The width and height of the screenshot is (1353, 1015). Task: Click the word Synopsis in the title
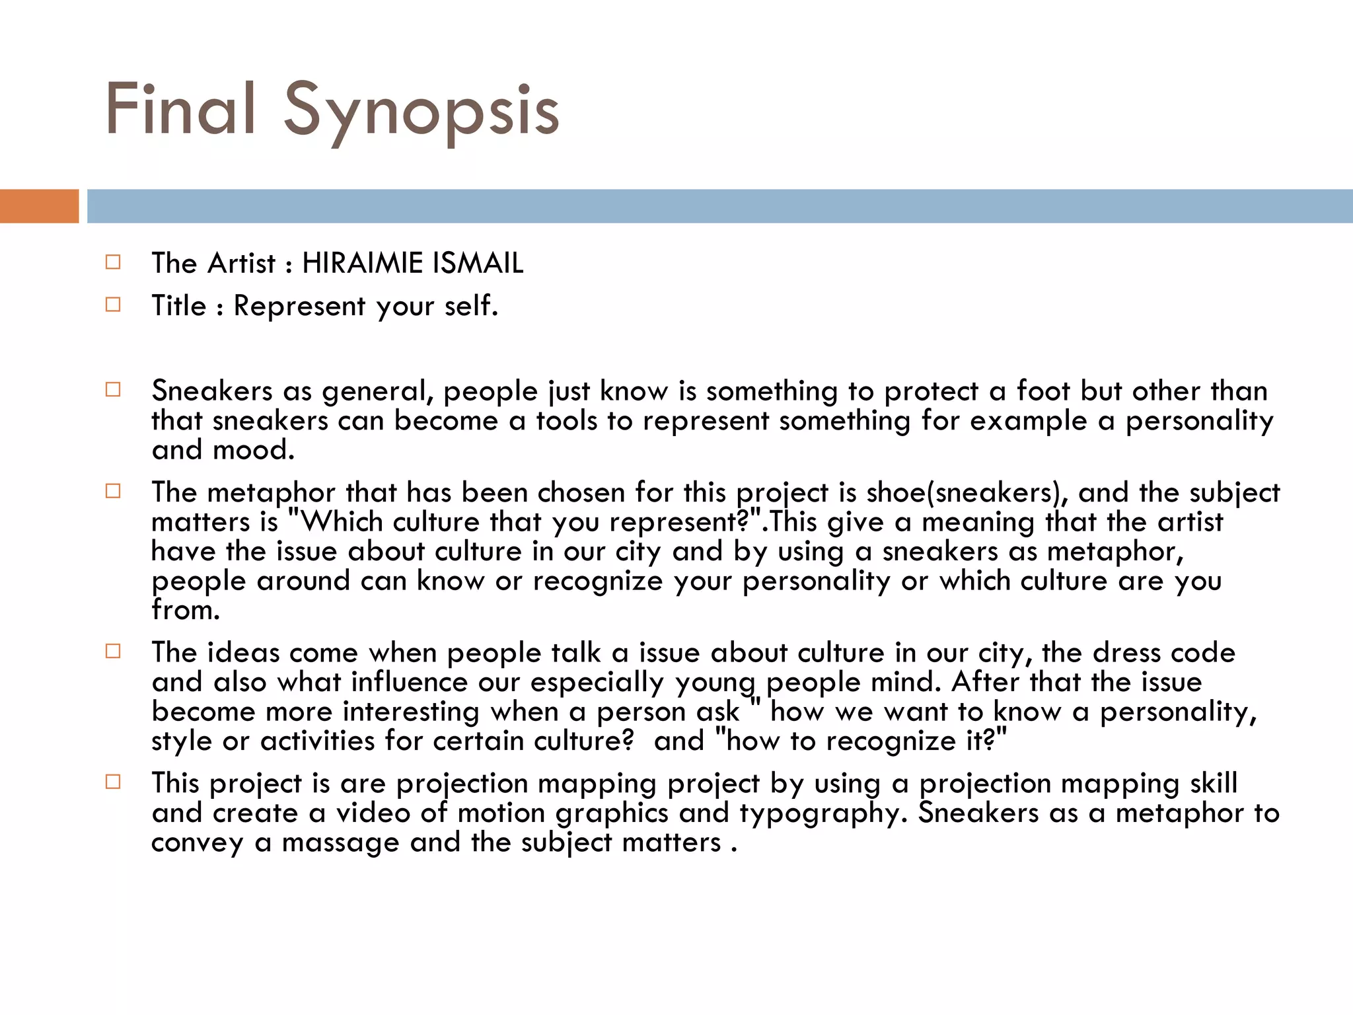click(421, 110)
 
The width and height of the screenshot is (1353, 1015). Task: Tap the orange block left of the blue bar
click(39, 206)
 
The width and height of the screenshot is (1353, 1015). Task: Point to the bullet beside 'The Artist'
click(113, 262)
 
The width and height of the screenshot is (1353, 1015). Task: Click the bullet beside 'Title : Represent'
click(113, 305)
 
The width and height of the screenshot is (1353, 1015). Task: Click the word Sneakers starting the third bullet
click(211, 391)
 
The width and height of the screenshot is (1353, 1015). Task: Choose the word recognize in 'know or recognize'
click(597, 582)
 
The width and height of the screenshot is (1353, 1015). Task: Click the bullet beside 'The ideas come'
click(113, 652)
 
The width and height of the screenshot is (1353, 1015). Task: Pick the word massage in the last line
click(340, 843)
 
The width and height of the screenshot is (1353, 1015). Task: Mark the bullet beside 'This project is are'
click(113, 782)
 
